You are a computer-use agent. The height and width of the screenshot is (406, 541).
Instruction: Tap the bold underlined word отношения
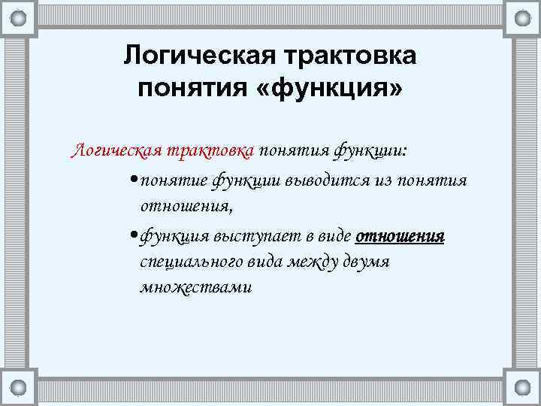(x=400, y=236)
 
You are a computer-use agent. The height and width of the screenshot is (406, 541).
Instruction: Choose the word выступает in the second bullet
(x=245, y=236)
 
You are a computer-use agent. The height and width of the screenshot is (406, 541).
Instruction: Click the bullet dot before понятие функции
(x=132, y=181)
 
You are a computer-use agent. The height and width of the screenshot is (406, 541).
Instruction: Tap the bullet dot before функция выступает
(x=132, y=237)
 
